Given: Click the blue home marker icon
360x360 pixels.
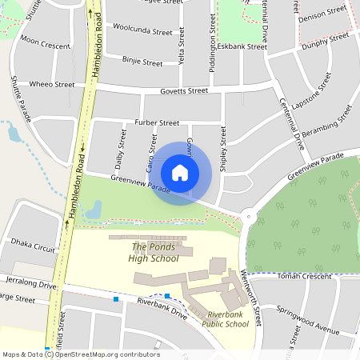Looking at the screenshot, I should point(180,172).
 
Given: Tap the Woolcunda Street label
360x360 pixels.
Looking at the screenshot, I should point(142,32).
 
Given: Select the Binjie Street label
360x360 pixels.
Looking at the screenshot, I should point(142,59).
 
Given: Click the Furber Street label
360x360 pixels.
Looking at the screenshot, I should point(157,122).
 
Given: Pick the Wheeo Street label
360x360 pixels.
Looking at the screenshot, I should point(52,84).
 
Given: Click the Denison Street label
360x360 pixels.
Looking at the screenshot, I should point(323,11).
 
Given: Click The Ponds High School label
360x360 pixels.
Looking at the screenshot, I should point(155,252).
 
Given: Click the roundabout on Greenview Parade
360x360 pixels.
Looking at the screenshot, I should point(249,214).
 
